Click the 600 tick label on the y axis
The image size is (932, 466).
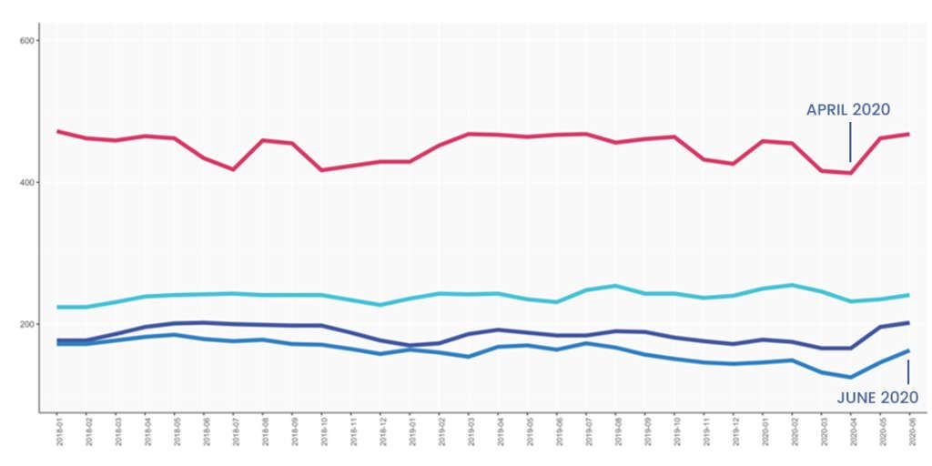[x=25, y=41]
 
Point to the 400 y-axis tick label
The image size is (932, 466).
[x=25, y=183]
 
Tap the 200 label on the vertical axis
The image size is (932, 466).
[x=25, y=325]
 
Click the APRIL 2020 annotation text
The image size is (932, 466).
[x=847, y=110]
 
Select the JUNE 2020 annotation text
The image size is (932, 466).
[x=877, y=398]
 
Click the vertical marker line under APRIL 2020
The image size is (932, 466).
[x=850, y=142]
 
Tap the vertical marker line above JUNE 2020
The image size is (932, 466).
[x=907, y=371]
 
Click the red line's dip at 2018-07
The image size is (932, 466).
[x=234, y=169]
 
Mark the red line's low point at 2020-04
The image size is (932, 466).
[x=850, y=173]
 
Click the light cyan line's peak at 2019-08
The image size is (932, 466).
[x=614, y=286]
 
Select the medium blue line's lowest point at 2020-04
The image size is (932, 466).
[x=850, y=377]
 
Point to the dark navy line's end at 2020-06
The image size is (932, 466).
[x=907, y=322]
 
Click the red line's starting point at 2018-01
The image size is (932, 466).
[x=58, y=131]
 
